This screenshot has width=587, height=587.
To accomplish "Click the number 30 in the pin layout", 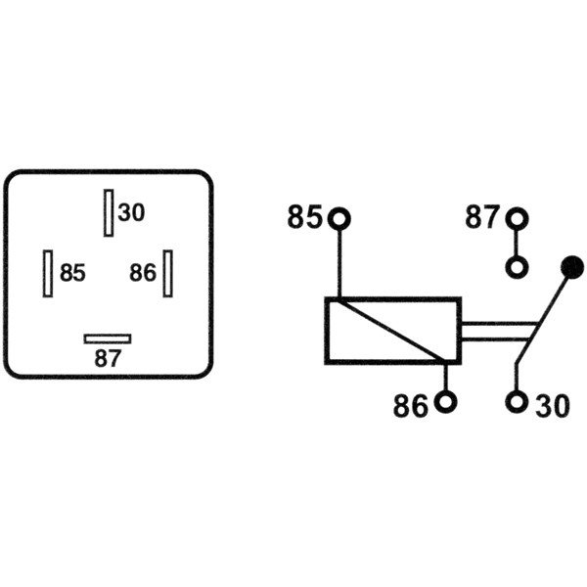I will (x=131, y=212).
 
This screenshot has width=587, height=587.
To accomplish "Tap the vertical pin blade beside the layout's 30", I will (x=109, y=212).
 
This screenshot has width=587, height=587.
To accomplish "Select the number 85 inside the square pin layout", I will (x=72, y=273).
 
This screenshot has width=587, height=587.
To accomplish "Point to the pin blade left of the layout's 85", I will (x=47, y=272).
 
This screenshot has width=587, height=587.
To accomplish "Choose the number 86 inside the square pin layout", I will (x=142, y=273).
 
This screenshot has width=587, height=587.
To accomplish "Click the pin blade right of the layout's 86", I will (x=168, y=272).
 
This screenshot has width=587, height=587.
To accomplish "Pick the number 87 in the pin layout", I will (x=108, y=358).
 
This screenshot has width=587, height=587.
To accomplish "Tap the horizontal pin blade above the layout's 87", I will (x=108, y=339).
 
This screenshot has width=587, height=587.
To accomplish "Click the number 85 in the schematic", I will (x=304, y=217).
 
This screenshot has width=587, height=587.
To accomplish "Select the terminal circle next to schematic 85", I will (x=339, y=217).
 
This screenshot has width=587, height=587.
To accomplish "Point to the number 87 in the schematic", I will (x=481, y=217).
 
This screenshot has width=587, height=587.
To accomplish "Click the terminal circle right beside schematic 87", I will (x=517, y=217).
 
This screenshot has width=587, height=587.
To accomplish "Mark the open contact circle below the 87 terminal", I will (x=517, y=266).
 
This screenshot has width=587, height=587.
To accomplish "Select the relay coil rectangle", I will (x=392, y=331).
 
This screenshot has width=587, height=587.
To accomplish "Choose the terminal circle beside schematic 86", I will (x=446, y=402).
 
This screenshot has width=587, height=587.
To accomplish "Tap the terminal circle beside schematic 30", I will (x=517, y=402).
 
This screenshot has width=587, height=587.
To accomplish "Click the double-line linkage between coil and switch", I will (x=494, y=332).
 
